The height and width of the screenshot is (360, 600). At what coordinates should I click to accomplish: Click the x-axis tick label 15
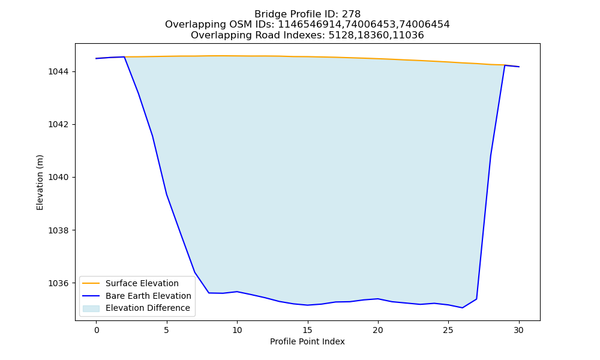pos(307,330)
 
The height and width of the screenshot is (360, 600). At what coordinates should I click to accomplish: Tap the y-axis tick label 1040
pos(59,178)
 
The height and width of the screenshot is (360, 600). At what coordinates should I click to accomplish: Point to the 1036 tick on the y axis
pos(59,283)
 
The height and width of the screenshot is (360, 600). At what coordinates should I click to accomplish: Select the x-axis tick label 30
pos(518,330)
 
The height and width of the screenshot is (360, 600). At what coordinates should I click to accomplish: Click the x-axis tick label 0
pos(96,330)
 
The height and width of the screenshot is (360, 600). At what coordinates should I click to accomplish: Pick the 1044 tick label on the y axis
pos(59,71)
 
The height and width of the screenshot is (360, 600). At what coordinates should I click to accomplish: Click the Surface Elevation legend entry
pos(142,283)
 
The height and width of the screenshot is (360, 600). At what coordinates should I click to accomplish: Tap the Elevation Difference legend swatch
pos(91,308)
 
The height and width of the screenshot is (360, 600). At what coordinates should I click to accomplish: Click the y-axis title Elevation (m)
pos(40,182)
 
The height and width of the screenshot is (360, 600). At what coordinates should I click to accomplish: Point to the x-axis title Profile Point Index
pos(307,341)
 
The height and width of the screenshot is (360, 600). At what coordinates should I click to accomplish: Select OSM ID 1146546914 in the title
pos(310,25)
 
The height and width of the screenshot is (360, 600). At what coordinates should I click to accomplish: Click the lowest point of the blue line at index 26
pos(462,308)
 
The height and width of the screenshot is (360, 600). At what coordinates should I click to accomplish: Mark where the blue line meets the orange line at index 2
pos(124,57)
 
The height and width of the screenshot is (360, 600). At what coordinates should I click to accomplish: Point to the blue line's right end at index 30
pos(519,67)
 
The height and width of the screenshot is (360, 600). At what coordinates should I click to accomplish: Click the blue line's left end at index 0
pos(96,59)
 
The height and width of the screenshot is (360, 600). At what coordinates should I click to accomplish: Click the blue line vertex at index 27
pos(476,299)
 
